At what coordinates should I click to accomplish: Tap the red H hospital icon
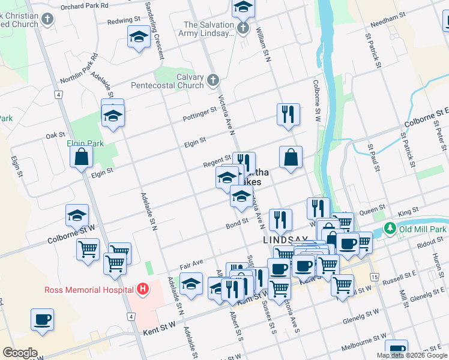(x=142, y=290)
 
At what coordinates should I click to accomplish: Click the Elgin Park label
(x=85, y=143)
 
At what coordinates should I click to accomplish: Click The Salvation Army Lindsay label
(x=208, y=29)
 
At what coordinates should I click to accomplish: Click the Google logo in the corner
(x=20, y=353)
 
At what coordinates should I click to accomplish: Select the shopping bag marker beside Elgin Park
(x=81, y=157)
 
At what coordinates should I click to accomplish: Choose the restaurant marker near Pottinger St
(x=288, y=113)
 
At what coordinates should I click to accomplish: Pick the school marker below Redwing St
(x=139, y=37)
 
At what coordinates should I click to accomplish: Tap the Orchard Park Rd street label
(x=86, y=5)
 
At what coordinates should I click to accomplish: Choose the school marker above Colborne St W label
(x=77, y=215)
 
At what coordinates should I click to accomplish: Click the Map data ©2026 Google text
(x=411, y=355)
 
